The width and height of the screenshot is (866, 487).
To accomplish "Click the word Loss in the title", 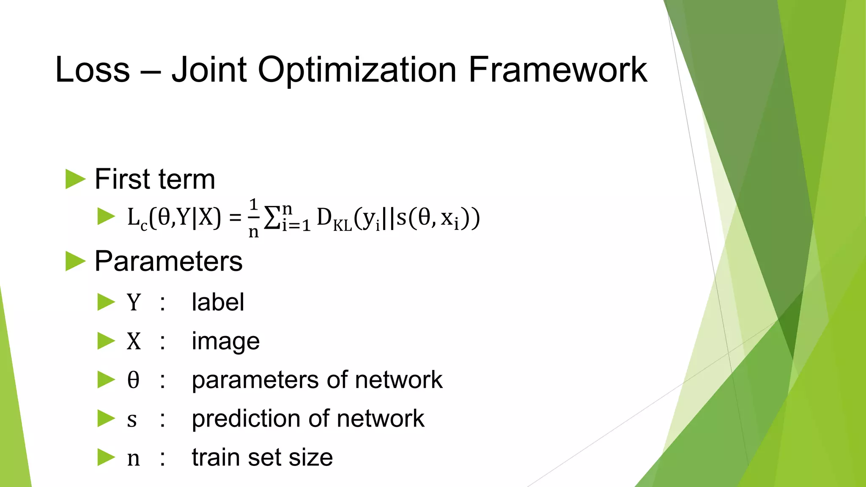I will [93, 70].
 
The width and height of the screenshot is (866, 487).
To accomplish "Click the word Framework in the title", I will [557, 70].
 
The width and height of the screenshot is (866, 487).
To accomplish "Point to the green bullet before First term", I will [76, 179].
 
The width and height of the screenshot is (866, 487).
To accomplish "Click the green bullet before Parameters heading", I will [76, 261].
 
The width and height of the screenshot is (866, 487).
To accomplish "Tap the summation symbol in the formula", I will [271, 219].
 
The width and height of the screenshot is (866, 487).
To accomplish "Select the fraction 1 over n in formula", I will [253, 218].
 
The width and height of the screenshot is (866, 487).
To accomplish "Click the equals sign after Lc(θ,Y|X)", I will [235, 218].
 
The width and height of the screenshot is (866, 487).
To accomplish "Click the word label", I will [218, 302].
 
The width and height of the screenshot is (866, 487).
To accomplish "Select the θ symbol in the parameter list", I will [133, 380].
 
